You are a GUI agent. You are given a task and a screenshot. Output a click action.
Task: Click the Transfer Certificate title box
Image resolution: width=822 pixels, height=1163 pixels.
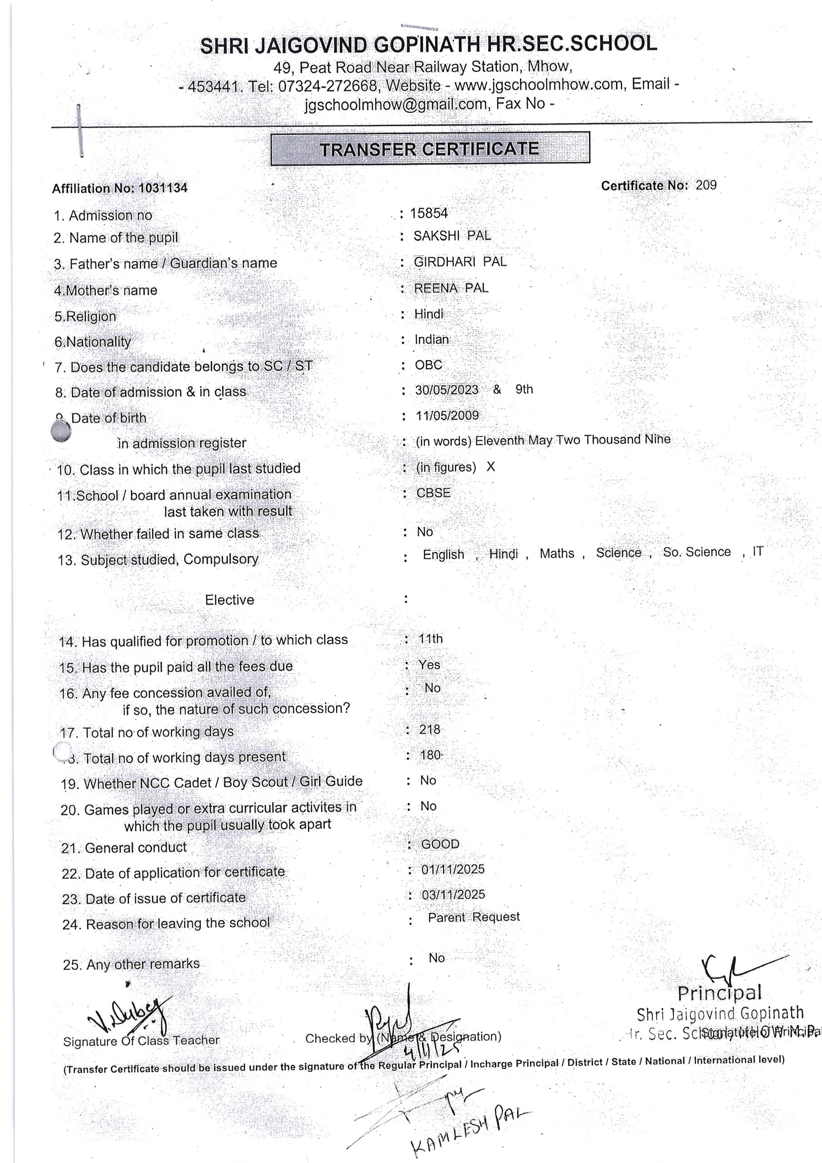(x=430, y=149)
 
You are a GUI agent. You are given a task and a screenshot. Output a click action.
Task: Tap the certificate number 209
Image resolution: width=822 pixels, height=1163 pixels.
(x=706, y=185)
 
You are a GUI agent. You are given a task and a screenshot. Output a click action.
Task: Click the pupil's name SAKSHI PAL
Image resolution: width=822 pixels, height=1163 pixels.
(x=452, y=235)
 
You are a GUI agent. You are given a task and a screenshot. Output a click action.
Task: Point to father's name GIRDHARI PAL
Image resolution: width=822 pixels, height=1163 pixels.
(x=460, y=262)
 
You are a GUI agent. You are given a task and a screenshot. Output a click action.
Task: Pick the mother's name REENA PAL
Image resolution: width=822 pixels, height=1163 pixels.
(x=451, y=288)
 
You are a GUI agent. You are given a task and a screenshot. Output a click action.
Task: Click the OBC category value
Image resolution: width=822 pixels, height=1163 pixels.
(x=428, y=365)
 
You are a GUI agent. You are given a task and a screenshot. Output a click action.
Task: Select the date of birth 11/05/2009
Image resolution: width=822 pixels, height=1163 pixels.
(x=447, y=416)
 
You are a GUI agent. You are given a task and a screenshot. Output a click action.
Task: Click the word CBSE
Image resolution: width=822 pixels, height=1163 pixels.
(x=433, y=493)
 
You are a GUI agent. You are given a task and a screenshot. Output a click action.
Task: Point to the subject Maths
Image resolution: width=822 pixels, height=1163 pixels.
(x=557, y=553)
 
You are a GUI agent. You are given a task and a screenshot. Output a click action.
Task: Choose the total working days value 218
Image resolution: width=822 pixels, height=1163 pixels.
(x=430, y=730)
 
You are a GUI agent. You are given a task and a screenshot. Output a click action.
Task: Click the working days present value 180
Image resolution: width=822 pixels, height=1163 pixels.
(x=430, y=755)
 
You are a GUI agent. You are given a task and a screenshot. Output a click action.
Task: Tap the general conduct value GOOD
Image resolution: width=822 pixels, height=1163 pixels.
(x=440, y=844)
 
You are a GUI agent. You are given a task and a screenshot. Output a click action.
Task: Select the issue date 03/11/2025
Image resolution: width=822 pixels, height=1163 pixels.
(x=453, y=895)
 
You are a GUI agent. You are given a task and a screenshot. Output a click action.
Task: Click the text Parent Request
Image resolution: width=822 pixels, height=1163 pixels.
(x=474, y=917)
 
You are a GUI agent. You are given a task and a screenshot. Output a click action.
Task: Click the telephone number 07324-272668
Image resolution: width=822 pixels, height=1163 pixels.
(x=327, y=85)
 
